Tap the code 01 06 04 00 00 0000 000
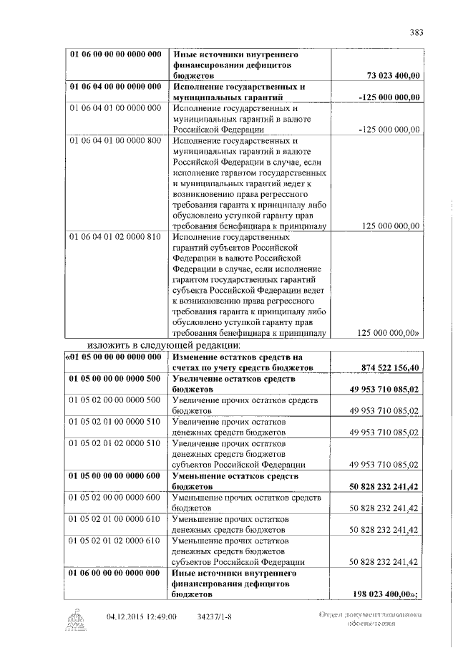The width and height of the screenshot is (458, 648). (114, 87)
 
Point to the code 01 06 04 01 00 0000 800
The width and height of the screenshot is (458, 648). (114, 140)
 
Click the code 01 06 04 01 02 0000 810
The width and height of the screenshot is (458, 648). (114, 237)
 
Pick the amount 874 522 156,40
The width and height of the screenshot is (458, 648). (387, 367)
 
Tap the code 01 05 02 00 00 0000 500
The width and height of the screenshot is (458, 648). (114, 400)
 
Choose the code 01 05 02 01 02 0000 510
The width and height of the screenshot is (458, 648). (114, 443)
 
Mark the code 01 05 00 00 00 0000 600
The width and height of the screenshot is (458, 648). (114, 476)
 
